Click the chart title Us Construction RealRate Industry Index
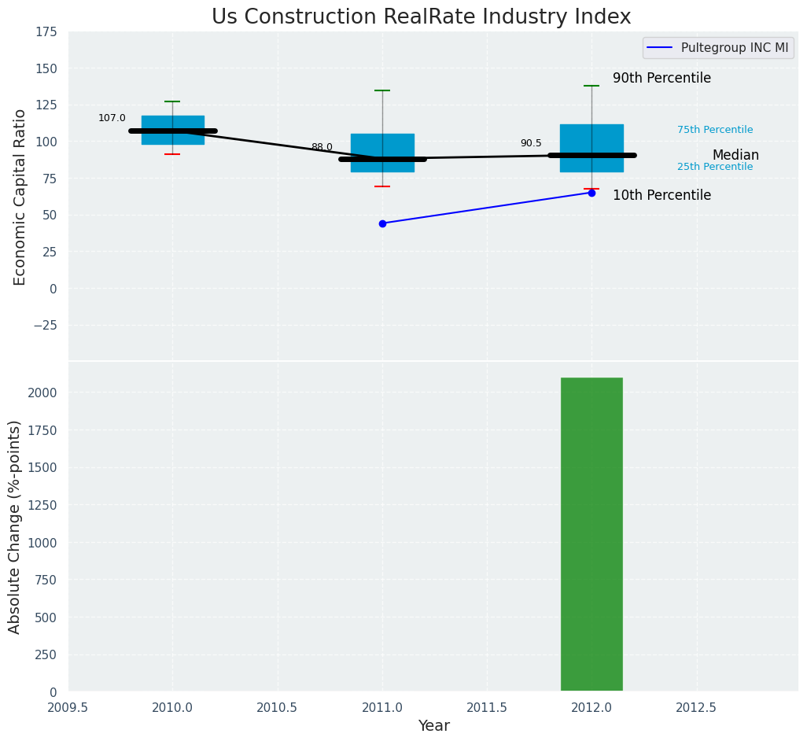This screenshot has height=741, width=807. point(421,17)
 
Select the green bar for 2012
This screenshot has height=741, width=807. point(591,535)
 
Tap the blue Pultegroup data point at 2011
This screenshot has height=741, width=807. point(382,223)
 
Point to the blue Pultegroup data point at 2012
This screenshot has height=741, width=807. point(591,193)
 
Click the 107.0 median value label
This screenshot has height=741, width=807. point(112,118)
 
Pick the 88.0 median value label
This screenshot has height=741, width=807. point(322,147)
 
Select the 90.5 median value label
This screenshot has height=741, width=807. point(531,143)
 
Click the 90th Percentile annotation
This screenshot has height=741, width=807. point(661,79)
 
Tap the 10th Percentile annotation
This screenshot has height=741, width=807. point(661,196)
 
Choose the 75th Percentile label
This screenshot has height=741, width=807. point(715,130)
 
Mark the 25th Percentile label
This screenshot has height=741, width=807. point(715,167)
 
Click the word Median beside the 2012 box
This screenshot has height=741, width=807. point(735,156)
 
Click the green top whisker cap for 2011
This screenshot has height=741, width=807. point(382,90)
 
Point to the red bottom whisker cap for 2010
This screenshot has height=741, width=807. point(172,154)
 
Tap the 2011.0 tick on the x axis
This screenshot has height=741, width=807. point(382,707)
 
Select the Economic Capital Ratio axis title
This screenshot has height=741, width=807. point(20,197)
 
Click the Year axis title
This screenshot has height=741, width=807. point(433,726)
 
